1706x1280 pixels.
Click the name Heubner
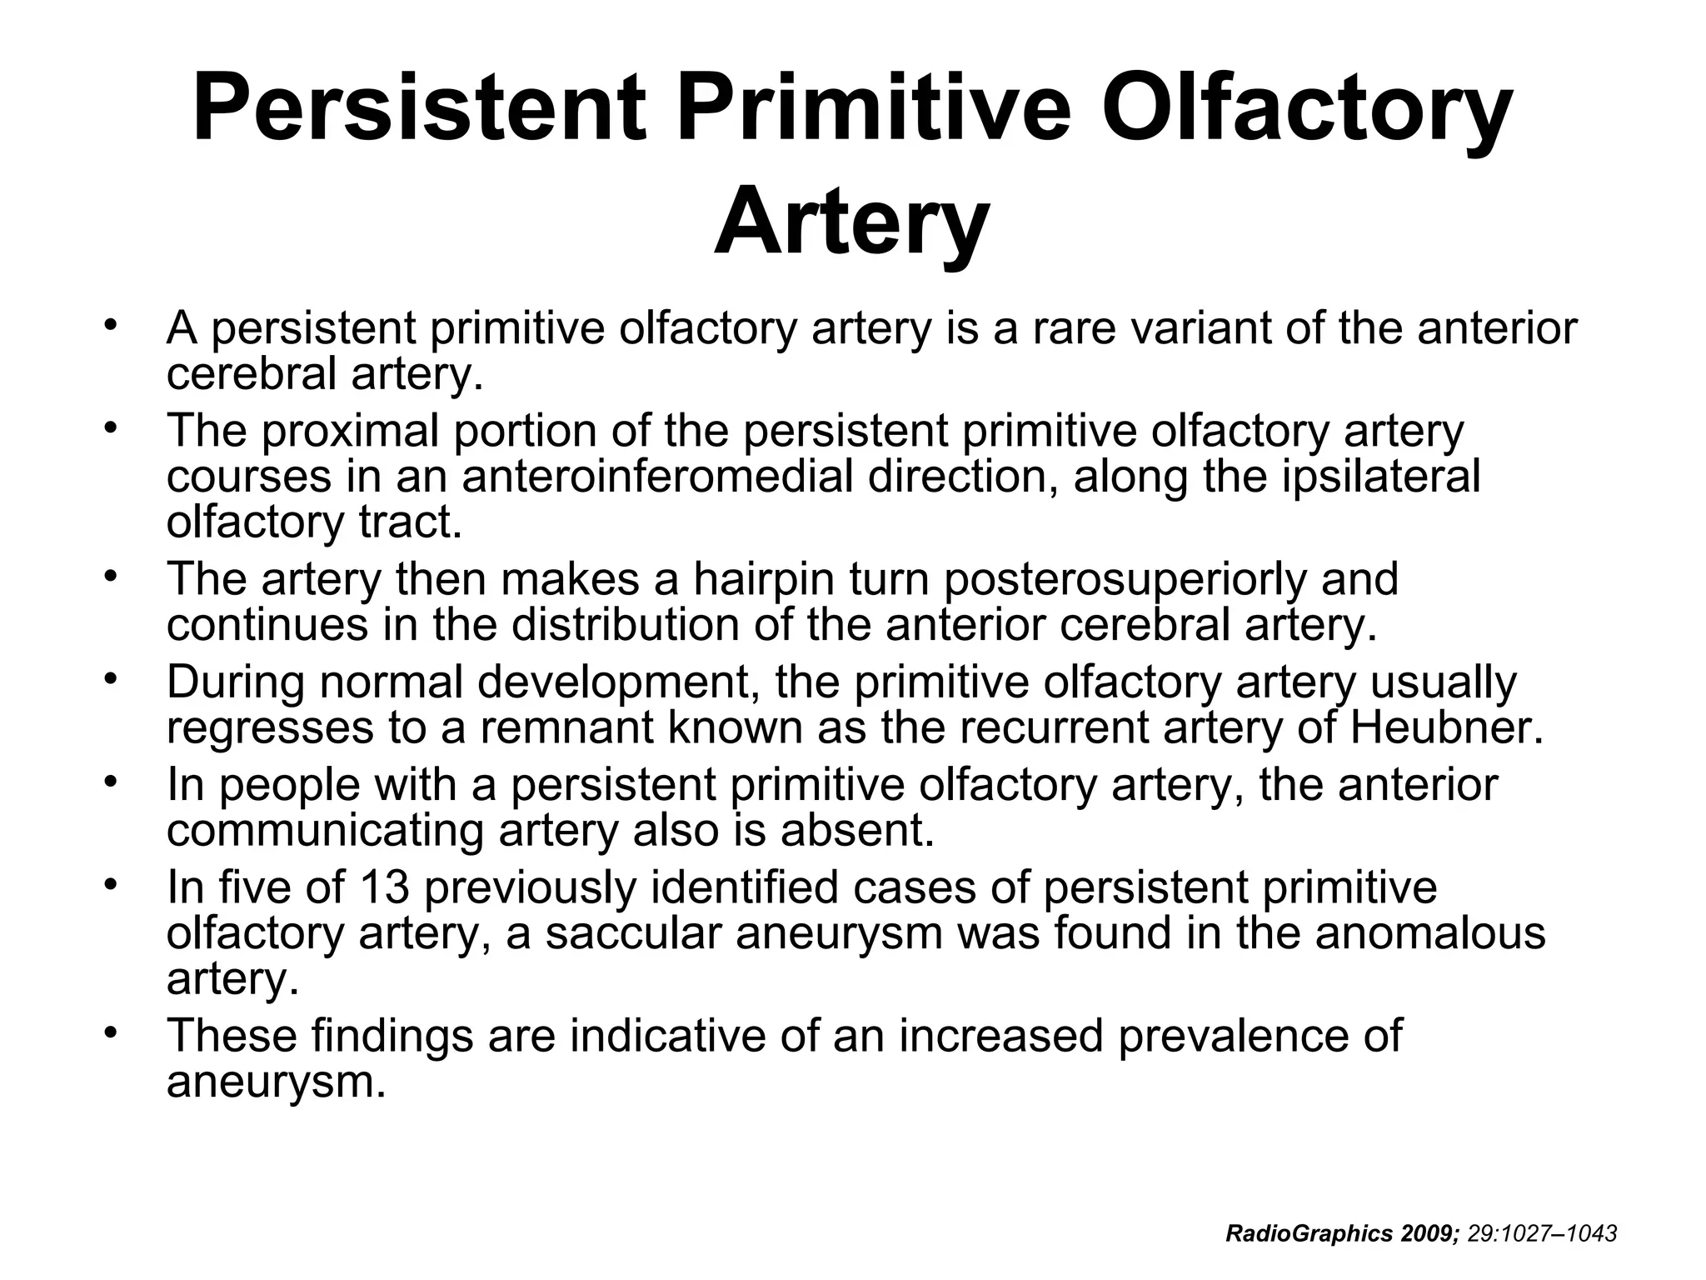(x=1446, y=727)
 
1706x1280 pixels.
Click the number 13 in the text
(x=385, y=887)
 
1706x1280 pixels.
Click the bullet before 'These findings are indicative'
(x=109, y=1032)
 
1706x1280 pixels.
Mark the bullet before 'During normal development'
(x=109, y=678)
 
